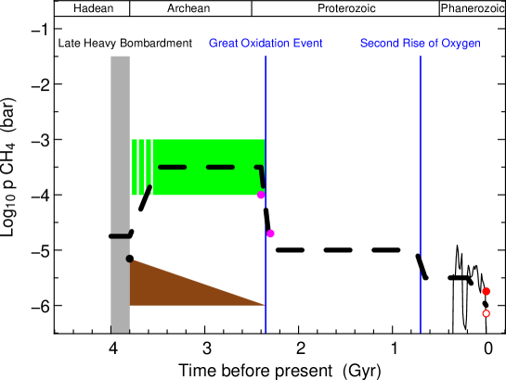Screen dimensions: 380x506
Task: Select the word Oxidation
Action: point(266,44)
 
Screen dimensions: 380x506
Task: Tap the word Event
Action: point(308,44)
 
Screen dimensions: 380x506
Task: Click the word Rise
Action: point(411,44)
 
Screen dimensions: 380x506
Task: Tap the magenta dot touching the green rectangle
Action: point(261,195)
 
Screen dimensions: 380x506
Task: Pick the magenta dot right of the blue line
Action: point(270,234)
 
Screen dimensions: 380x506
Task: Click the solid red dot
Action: point(486,291)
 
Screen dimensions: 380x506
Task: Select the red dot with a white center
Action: point(486,313)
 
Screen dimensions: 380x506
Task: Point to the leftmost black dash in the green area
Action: point(173,167)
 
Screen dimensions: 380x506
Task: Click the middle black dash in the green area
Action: point(220,167)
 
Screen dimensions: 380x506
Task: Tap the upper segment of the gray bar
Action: point(120,139)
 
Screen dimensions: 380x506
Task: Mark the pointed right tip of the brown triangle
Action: point(264,304)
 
